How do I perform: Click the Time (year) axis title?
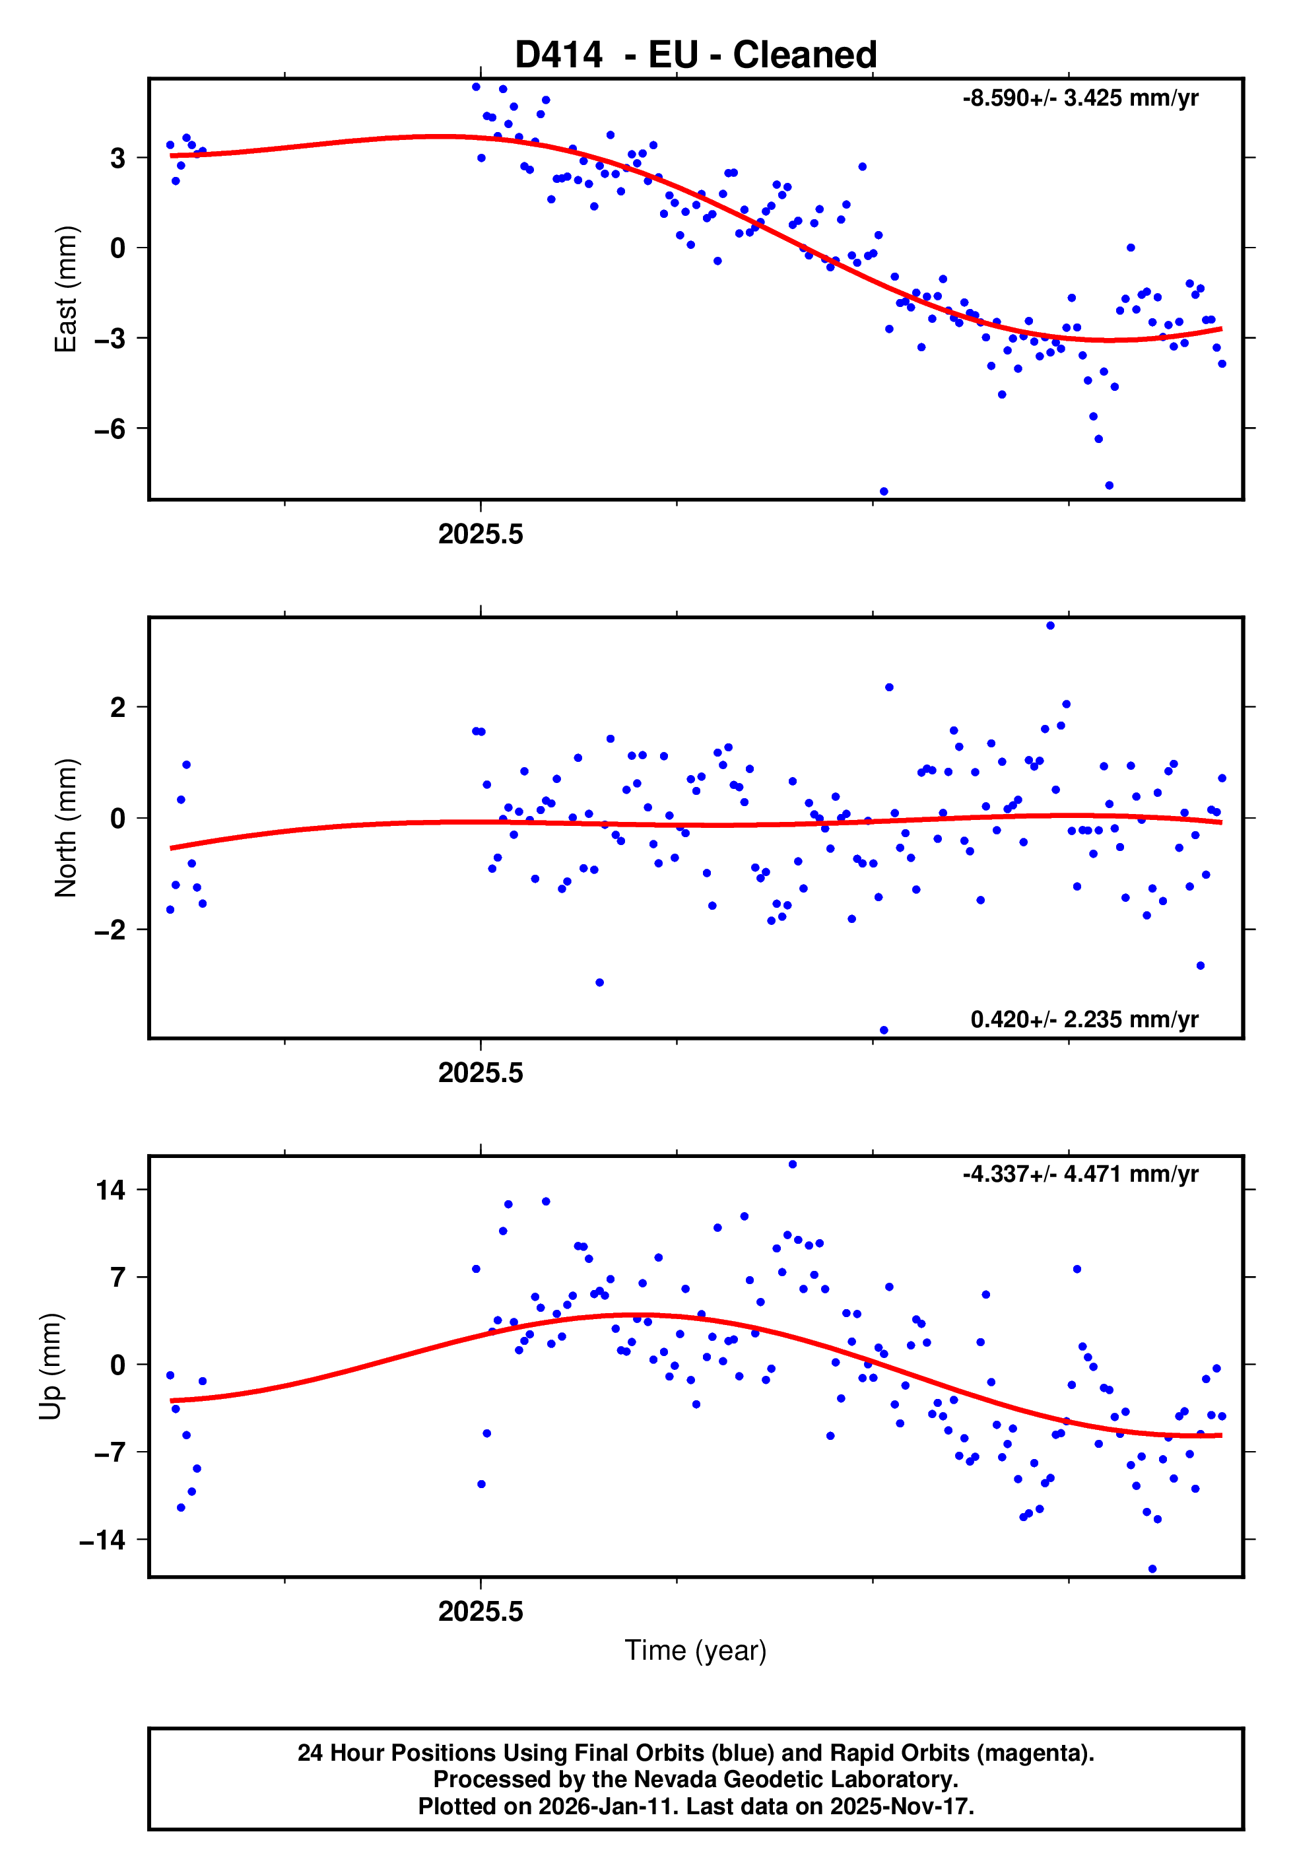click(696, 1650)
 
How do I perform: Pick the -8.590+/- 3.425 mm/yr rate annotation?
click(1080, 98)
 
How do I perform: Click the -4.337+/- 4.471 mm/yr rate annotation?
click(1080, 1174)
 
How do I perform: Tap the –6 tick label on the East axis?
click(110, 428)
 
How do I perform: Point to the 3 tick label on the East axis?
click(118, 157)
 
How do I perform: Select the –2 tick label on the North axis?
click(110, 930)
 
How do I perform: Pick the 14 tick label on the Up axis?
click(110, 1190)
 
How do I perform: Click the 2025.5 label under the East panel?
click(481, 535)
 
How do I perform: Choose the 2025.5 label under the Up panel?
click(481, 1612)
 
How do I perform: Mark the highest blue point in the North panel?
click(1050, 626)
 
